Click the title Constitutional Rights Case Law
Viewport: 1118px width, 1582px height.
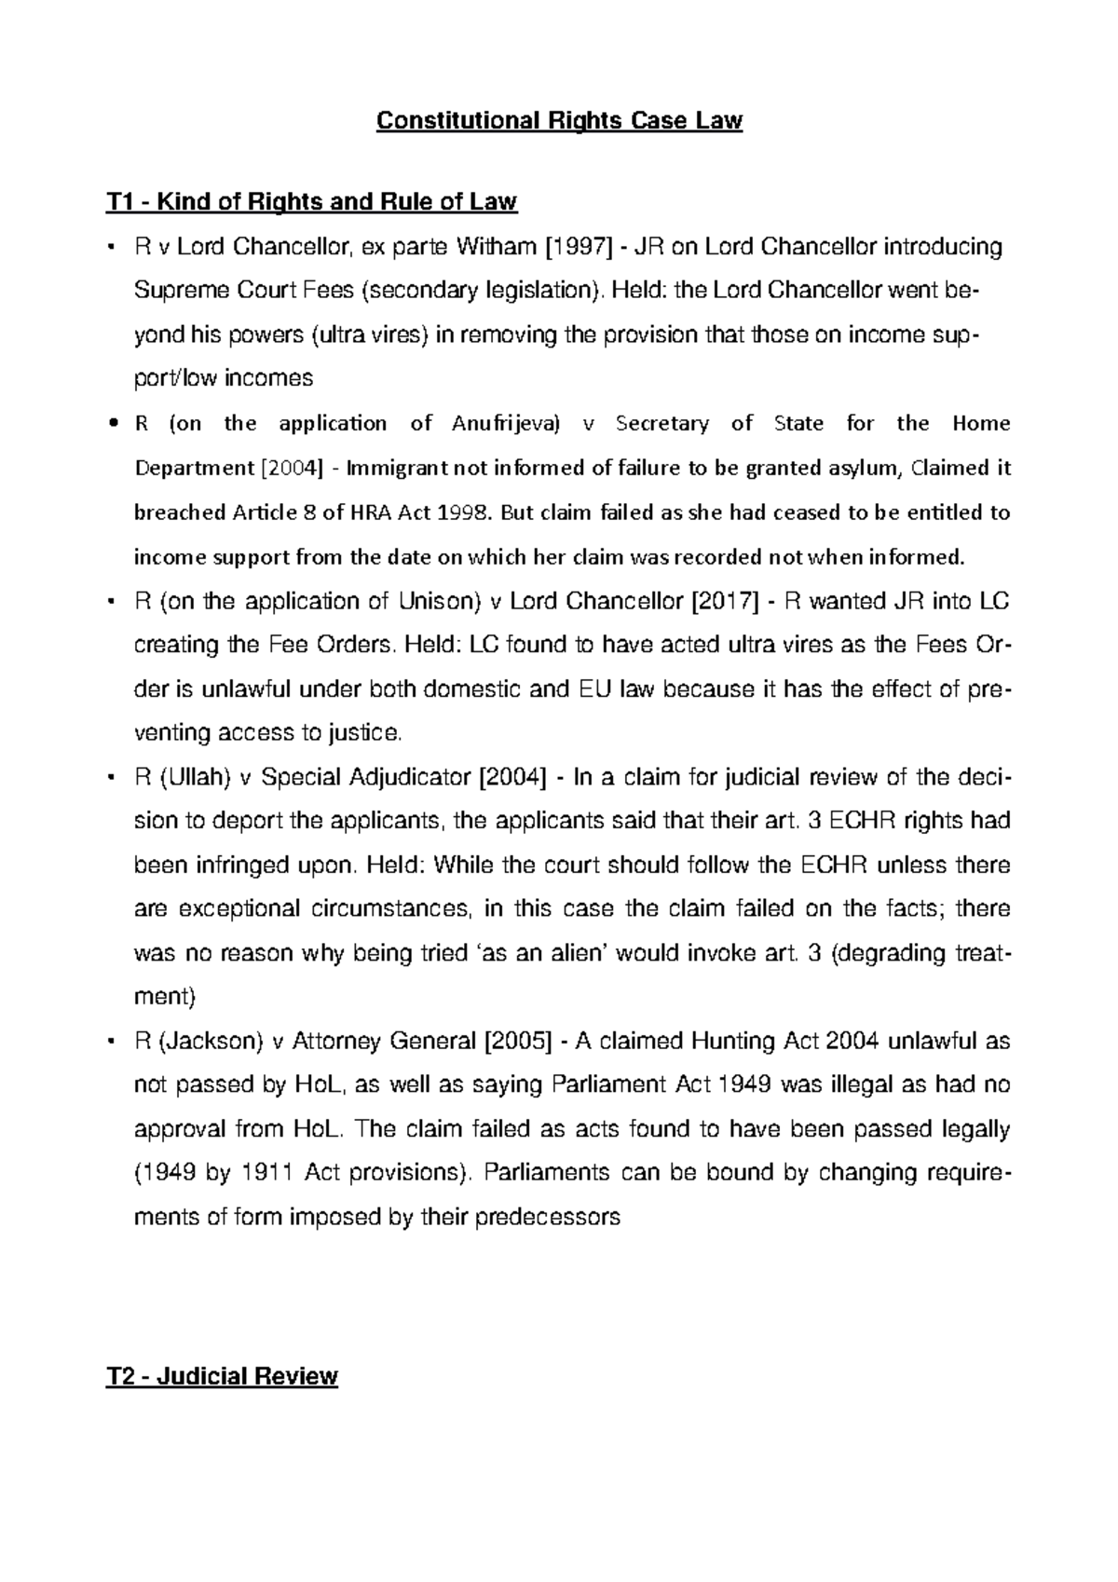[559, 121]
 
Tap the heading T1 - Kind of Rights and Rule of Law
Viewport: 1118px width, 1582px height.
[311, 201]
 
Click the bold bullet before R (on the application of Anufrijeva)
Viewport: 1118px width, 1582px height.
[112, 425]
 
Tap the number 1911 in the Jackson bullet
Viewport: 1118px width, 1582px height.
[267, 1173]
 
